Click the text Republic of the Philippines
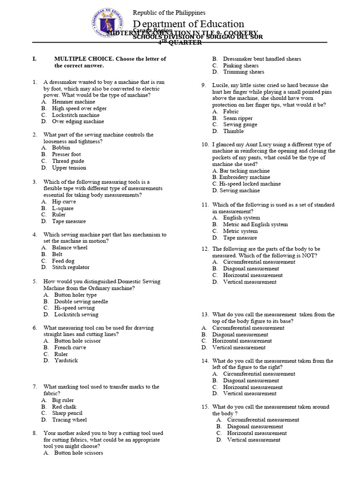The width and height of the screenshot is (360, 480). point(169,13)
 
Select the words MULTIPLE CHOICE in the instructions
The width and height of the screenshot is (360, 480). point(82,59)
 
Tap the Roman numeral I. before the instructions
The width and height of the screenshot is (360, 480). point(34,59)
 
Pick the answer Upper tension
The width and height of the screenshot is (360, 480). point(69,168)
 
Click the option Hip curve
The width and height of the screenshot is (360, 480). point(64,202)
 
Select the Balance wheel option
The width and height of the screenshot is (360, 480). point(69,247)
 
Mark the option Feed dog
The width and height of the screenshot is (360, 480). point(63,261)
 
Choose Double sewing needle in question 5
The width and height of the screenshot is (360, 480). point(81,301)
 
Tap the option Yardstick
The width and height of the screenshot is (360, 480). point(66,360)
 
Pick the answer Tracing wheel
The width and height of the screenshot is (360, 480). point(69,420)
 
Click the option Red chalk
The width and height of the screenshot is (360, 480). point(64,407)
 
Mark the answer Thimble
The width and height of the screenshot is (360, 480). point(233,131)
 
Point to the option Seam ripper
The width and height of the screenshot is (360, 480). point(238,118)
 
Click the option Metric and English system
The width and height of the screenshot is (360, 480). point(255,225)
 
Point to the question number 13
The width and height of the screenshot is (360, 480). point(205,315)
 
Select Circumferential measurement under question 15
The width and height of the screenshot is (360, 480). point(263,420)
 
